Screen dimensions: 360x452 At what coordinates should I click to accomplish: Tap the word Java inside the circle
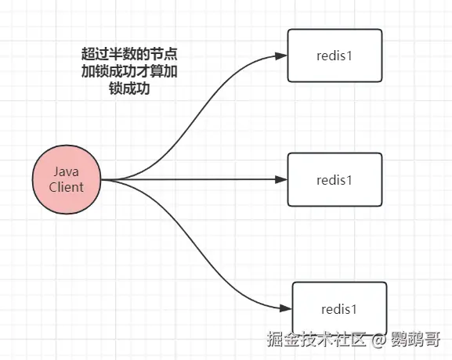point(67,171)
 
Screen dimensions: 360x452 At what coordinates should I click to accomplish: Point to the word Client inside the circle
point(67,187)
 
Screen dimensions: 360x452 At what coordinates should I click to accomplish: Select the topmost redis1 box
point(334,56)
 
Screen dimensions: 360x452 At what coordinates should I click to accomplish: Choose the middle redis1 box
point(334,179)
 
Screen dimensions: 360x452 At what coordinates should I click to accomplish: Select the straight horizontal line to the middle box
point(196,179)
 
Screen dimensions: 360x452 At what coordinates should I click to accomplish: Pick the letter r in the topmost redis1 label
point(318,56)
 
